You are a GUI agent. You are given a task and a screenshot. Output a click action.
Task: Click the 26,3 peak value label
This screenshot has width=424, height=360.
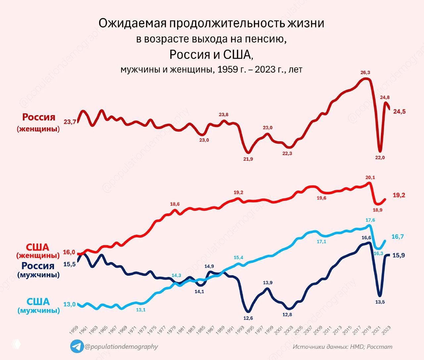click(365, 72)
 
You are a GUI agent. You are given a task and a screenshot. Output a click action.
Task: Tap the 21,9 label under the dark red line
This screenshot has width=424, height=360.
click(248, 159)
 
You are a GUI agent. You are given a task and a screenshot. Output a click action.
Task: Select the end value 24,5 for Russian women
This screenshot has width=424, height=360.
click(399, 112)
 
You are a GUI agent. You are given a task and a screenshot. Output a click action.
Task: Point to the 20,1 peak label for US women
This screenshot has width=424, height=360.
click(370, 178)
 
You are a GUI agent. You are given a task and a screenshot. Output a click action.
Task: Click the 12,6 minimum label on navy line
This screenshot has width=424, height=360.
click(248, 319)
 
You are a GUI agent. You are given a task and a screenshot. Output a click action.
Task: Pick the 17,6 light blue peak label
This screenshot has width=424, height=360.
click(370, 220)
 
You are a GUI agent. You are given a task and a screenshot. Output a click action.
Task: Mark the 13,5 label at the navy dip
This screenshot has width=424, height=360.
click(380, 302)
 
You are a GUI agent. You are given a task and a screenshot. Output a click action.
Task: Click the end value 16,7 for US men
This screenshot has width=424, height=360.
click(397, 237)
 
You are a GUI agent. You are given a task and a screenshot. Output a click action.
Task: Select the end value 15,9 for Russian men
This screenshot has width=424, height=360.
click(398, 255)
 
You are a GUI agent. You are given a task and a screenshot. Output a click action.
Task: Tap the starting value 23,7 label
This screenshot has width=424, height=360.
click(70, 122)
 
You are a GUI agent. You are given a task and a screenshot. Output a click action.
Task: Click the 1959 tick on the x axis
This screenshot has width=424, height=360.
click(74, 330)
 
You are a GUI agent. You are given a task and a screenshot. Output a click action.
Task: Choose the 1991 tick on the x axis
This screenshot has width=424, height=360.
click(231, 330)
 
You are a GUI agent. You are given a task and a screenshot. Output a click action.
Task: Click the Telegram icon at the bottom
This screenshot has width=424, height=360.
click(77, 346)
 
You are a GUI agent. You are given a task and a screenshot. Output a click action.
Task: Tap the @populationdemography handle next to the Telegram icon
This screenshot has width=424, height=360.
click(121, 346)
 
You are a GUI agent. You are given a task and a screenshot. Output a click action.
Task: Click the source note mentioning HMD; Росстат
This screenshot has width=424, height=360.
click(343, 347)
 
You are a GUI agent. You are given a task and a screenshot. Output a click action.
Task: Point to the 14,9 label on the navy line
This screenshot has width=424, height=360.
click(209, 266)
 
